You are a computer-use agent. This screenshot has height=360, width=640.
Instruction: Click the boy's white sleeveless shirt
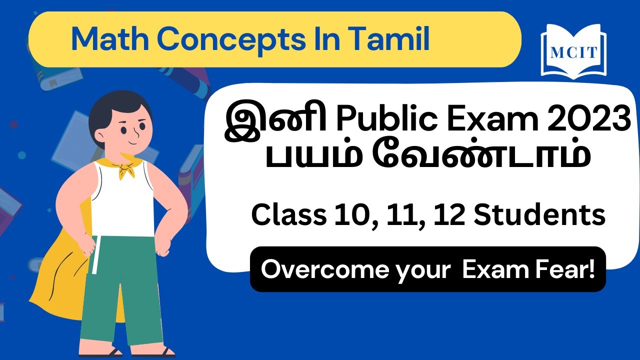122,200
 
